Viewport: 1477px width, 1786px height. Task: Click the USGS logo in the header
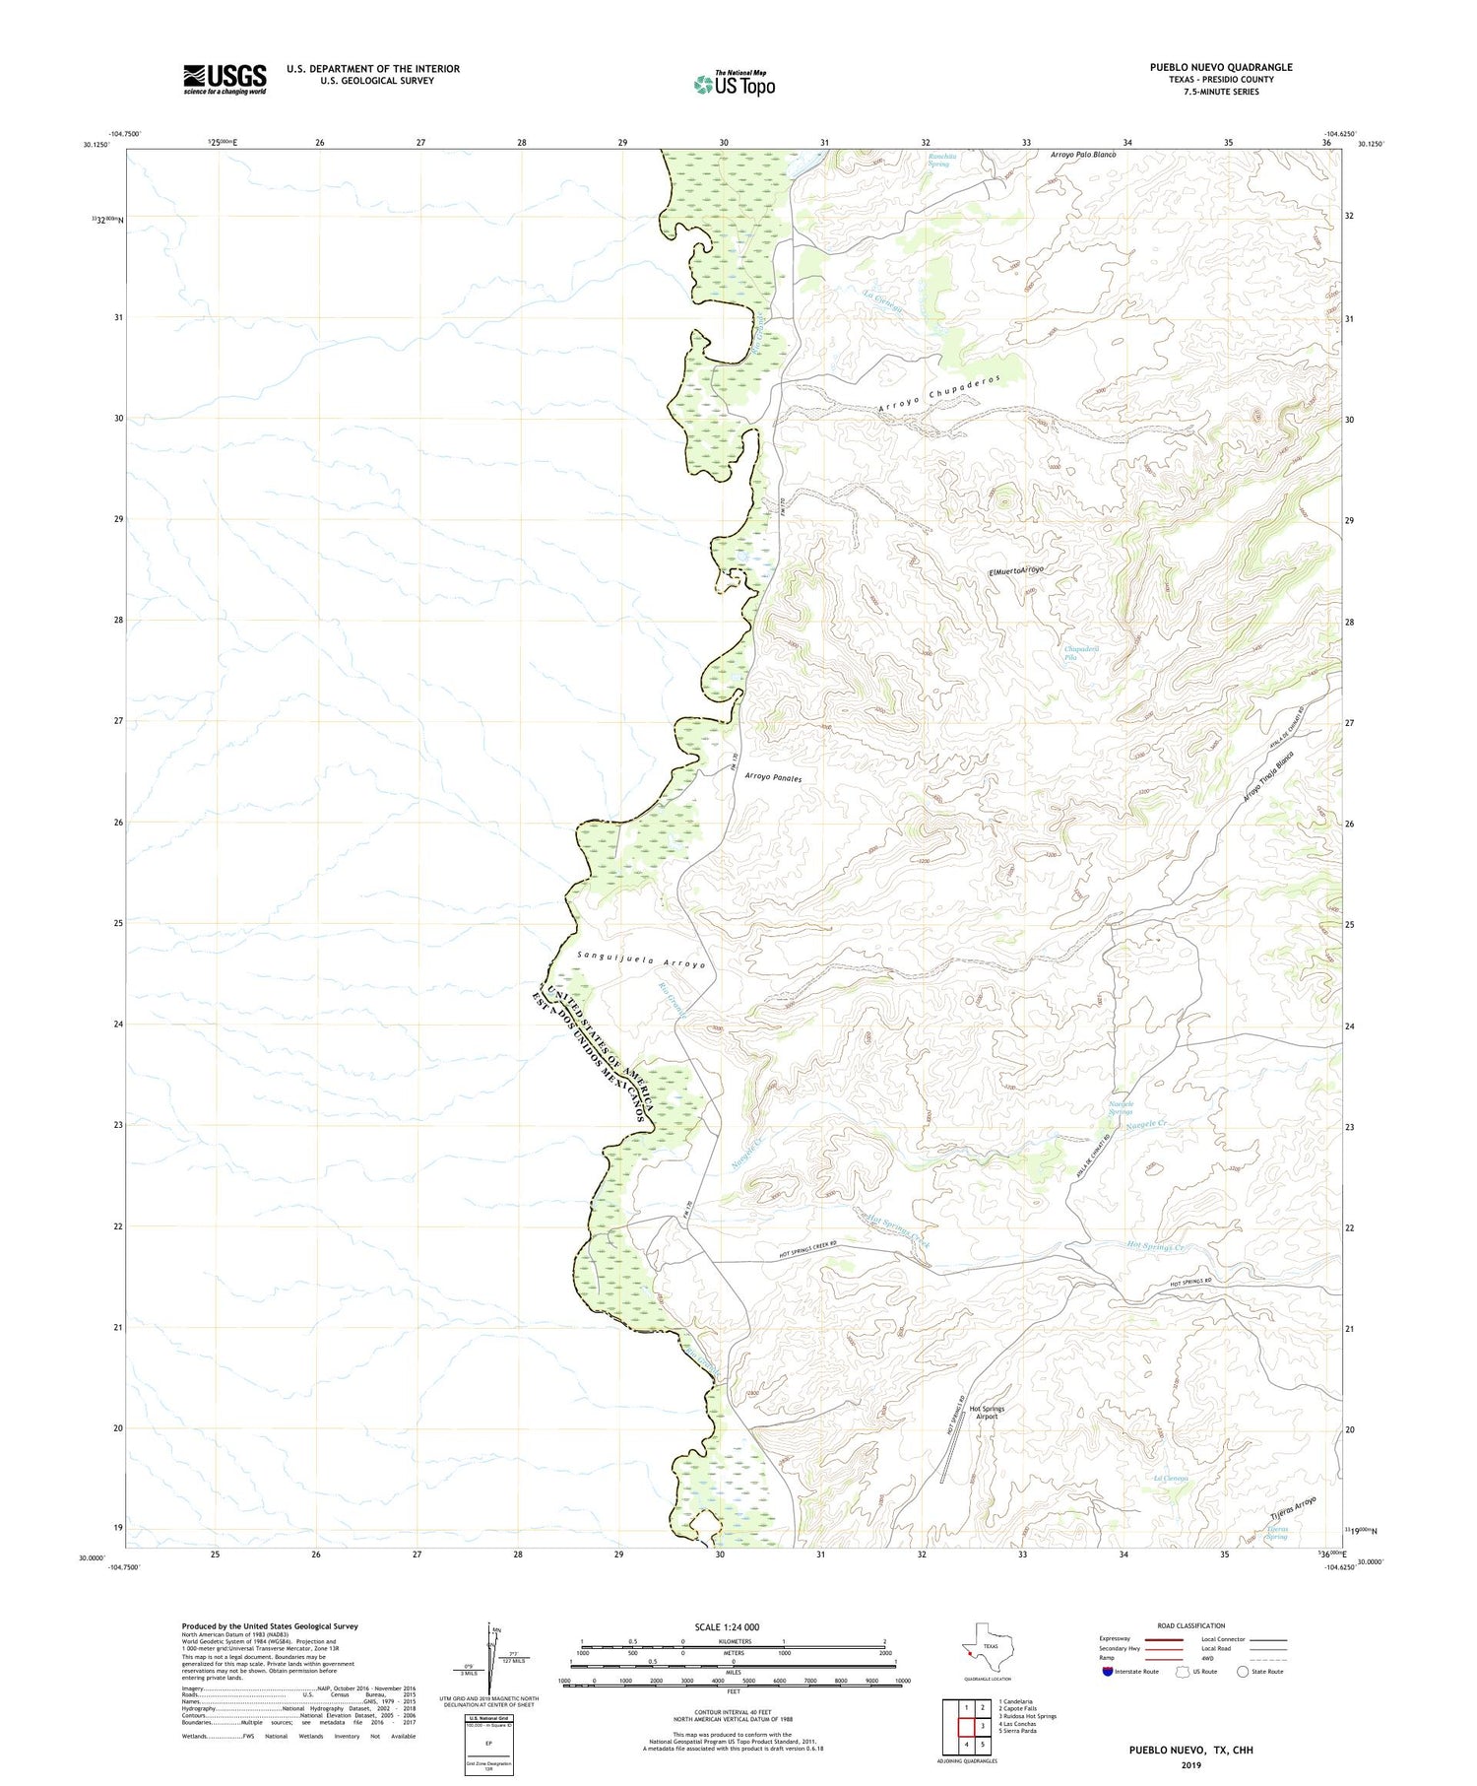tap(225, 79)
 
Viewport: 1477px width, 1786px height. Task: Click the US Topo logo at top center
tap(734, 85)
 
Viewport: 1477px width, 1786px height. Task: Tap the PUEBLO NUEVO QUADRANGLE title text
tap(1221, 67)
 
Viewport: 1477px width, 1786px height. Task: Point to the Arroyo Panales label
tap(773, 778)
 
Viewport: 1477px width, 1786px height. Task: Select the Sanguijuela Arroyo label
tap(641, 959)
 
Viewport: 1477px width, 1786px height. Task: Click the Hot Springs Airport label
tap(987, 1413)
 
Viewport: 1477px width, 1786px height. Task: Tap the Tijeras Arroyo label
tap(1291, 1508)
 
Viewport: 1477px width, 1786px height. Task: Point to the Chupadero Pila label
tap(1081, 652)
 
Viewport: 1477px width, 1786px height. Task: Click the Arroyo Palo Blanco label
tap(1083, 156)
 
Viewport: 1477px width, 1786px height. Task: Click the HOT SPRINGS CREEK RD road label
tap(807, 1258)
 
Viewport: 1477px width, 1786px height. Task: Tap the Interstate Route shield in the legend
tap(1108, 1672)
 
